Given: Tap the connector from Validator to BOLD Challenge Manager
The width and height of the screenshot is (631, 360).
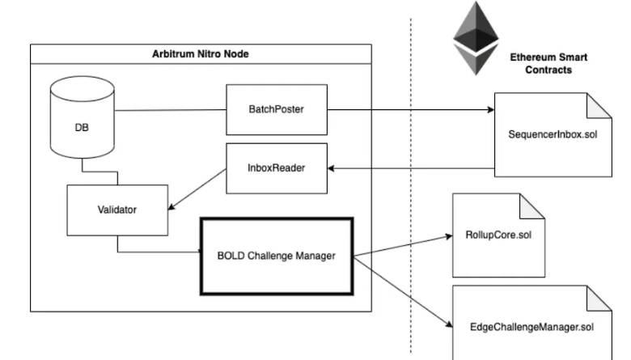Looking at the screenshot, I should [154, 251].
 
